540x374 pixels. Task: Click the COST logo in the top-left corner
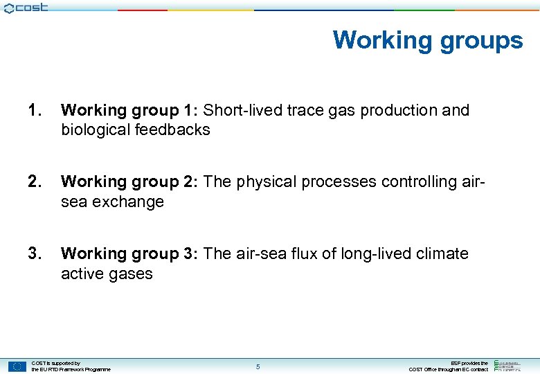(x=26, y=8)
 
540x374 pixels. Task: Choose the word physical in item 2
(x=266, y=181)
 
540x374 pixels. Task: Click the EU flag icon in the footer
(x=18, y=366)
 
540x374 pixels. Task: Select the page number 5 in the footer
(x=258, y=366)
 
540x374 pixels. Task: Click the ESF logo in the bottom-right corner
(x=508, y=366)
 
